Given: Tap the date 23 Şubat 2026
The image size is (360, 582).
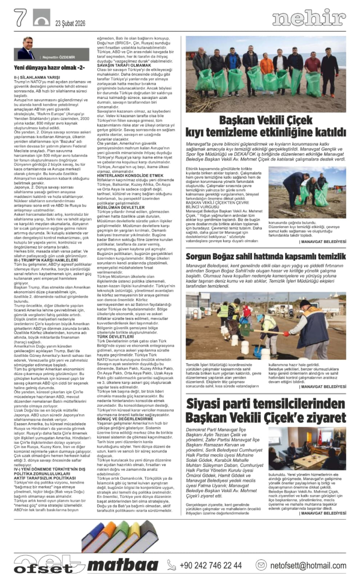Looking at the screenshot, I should coord(72,23).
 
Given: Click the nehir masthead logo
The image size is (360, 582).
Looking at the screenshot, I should coord(309,19).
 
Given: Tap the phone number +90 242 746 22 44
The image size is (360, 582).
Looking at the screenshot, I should coord(211,565).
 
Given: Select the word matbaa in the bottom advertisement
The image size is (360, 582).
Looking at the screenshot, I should coord(125,565).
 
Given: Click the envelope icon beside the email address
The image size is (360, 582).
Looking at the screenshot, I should coord(261,565).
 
